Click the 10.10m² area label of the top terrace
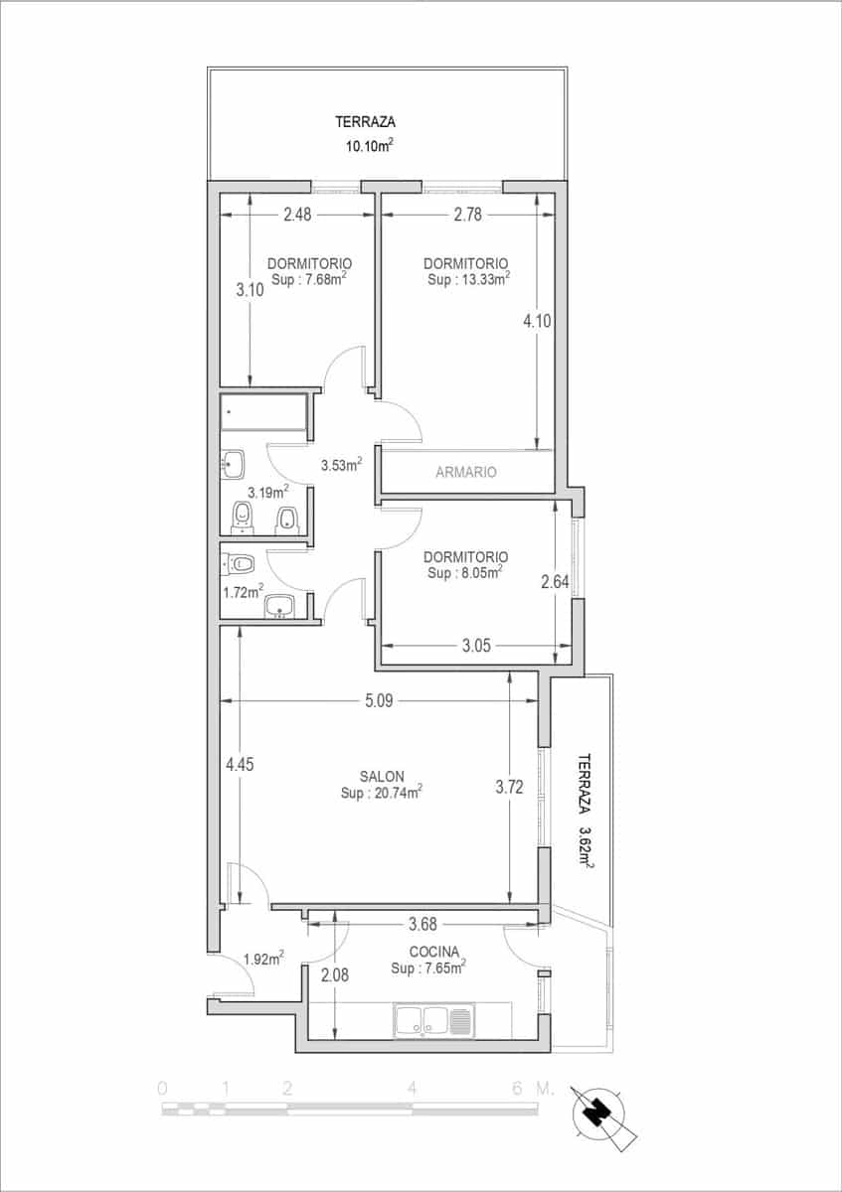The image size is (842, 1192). pos(368,146)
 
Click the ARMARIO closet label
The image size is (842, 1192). pos(465,473)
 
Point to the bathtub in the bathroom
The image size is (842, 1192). pos(263,411)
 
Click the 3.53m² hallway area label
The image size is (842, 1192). pos(340,464)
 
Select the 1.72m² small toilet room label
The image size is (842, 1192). pos(243,592)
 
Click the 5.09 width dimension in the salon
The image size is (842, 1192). pos(379,700)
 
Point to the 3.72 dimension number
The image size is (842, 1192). pos(509,788)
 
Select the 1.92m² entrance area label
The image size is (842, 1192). pos(263,960)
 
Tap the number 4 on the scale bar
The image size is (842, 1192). pos(411,1088)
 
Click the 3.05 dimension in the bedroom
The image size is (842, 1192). pos(476,646)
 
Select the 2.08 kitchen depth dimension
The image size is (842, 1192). pos(335,975)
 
